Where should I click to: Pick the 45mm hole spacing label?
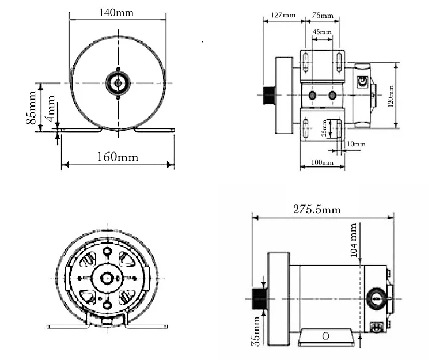pos(323,32)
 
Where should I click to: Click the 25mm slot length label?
pos(324,128)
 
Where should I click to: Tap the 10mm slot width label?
pos(356,144)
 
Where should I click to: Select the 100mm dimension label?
pos(322,163)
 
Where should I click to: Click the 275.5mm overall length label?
pos(317,210)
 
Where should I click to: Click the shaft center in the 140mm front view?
pos(118,83)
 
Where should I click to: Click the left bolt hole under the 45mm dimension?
pos(312,95)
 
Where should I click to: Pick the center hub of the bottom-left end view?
pos(107,278)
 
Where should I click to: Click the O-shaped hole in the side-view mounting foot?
pos(325,335)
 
